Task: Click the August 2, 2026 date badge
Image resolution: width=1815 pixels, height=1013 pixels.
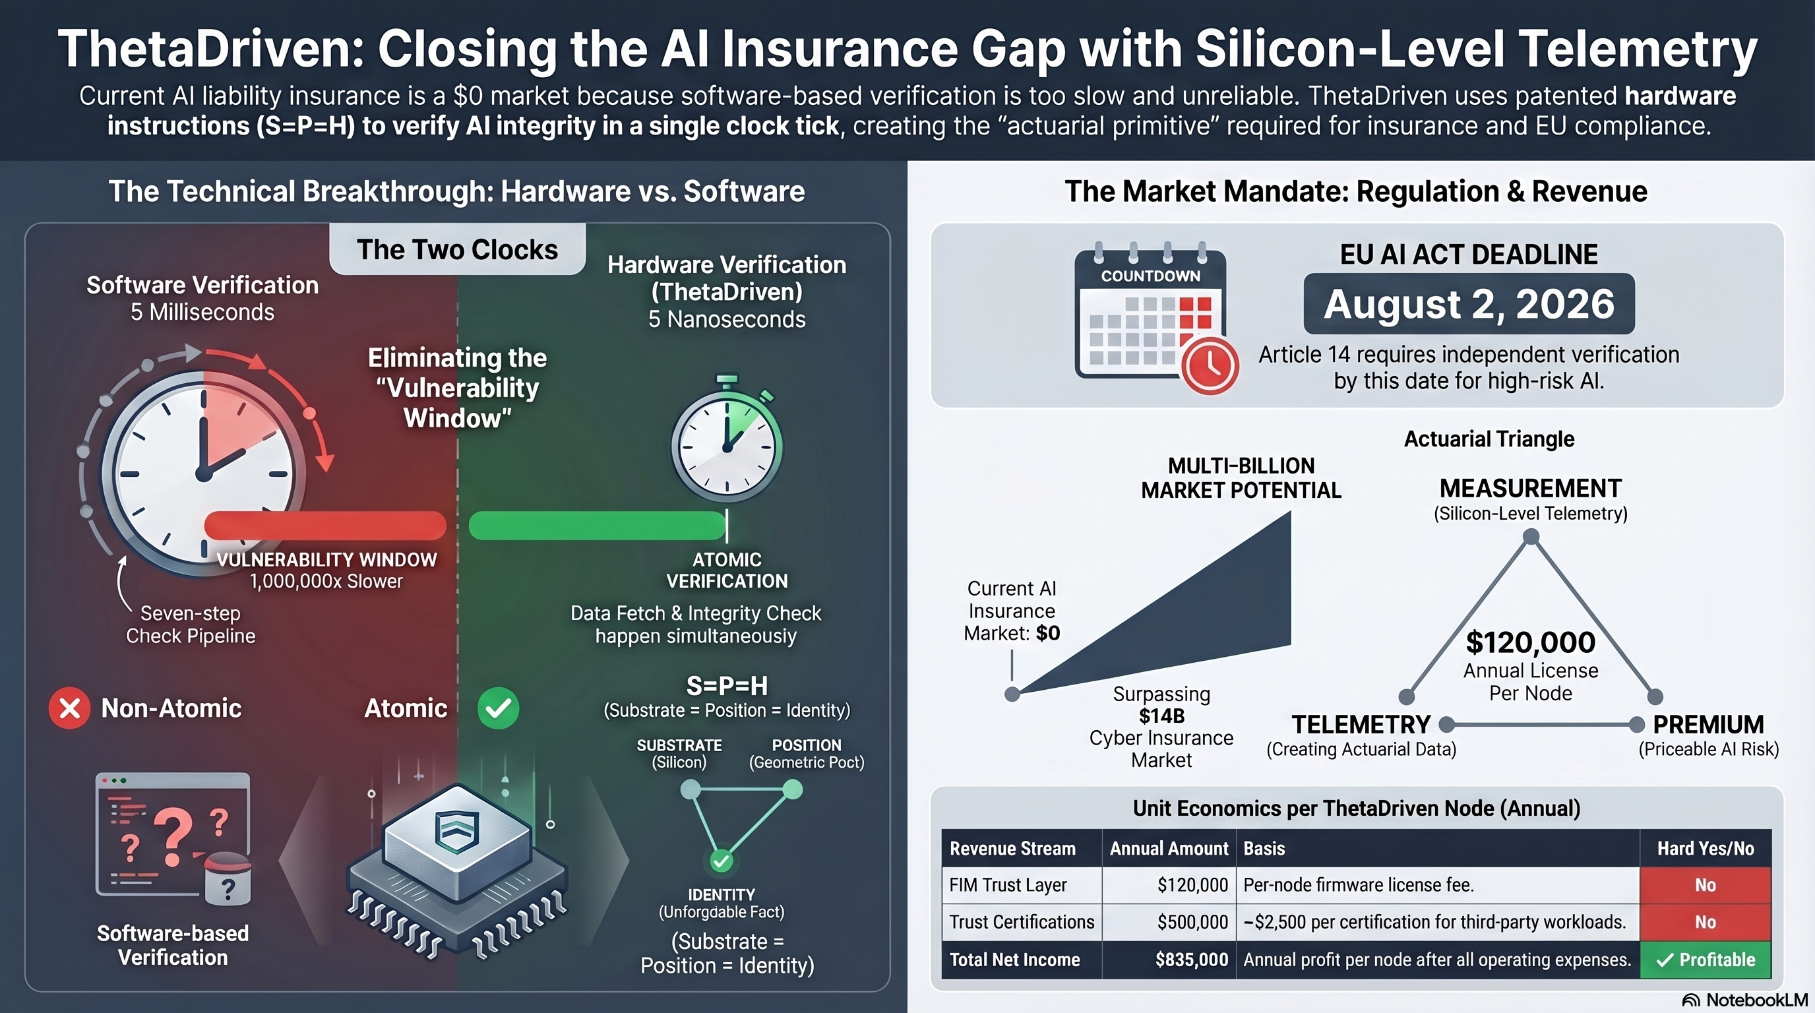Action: [1468, 303]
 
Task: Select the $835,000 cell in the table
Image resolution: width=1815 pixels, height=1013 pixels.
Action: [1192, 960]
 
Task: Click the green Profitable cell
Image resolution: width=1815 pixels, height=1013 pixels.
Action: [1705, 960]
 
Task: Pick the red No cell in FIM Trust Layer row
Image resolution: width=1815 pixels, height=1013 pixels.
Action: [1705, 885]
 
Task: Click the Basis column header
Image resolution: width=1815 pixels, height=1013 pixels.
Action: [1264, 848]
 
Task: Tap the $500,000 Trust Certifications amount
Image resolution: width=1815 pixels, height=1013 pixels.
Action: [1192, 922]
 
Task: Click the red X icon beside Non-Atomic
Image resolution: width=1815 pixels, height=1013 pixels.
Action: [69, 708]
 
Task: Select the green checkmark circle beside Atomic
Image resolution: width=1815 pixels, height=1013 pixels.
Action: [498, 708]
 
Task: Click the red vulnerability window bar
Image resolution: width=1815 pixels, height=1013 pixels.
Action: [324, 526]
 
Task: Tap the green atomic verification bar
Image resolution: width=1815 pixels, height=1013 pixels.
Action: [597, 526]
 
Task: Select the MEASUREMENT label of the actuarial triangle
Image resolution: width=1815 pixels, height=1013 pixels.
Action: [1530, 488]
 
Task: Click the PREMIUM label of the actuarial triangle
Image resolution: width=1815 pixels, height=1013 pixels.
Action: [1708, 724]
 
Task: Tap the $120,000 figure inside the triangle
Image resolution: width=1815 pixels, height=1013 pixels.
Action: [1530, 642]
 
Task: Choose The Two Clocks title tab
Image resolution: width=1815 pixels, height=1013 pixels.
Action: [457, 249]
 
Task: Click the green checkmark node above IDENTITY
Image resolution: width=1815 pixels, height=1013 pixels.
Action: [721, 860]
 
